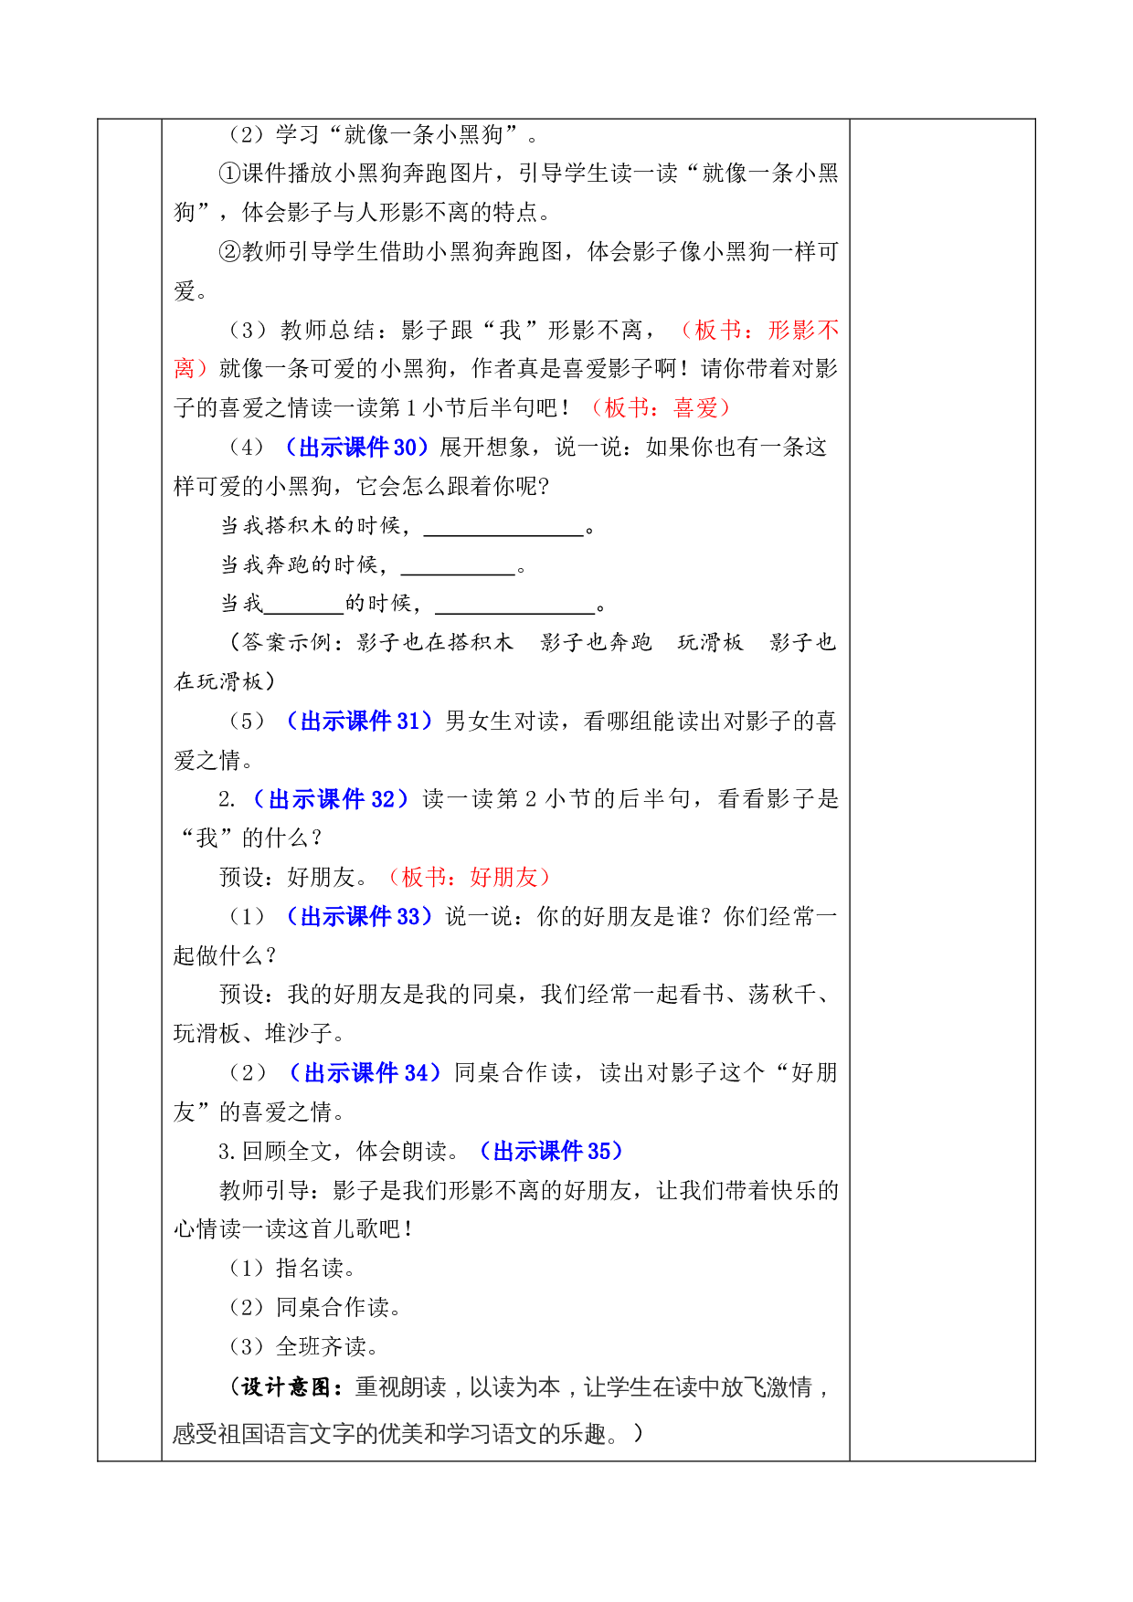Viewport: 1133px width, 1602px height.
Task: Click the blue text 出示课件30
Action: [x=358, y=447]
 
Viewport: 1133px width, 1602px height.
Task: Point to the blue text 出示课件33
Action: [x=360, y=916]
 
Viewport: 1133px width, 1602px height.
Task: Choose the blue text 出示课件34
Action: [x=365, y=1072]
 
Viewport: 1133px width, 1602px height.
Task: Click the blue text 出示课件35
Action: [x=552, y=1151]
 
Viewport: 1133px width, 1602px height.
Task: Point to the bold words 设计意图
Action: [x=286, y=1386]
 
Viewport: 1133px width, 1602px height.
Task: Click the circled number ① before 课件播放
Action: [x=229, y=174]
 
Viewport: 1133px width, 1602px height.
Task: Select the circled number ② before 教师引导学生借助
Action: [x=229, y=252]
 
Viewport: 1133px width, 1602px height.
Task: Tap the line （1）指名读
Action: [x=291, y=1268]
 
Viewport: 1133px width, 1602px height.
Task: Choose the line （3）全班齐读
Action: [x=302, y=1346]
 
